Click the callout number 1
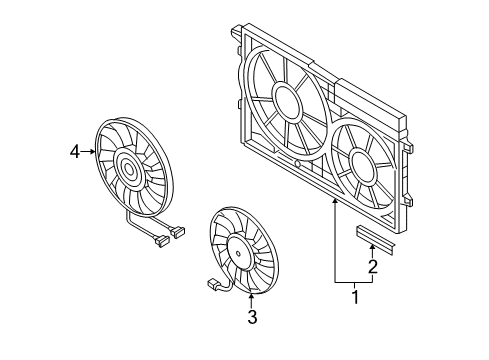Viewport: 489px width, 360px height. [356, 297]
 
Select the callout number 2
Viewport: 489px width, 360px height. [373, 266]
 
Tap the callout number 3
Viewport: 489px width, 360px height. [252, 317]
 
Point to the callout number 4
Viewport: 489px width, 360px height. [75, 152]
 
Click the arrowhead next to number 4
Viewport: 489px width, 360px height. [92, 152]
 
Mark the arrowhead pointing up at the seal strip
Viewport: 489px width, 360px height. [372, 247]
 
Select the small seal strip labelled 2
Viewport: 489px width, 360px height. [376, 240]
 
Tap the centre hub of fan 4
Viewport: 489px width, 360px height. [129, 170]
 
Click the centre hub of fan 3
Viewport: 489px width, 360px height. [238, 253]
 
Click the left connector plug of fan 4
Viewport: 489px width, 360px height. [161, 241]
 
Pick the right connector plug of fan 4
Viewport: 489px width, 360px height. [178, 231]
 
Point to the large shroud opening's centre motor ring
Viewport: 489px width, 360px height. [287, 103]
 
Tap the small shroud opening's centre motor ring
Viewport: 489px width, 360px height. [363, 168]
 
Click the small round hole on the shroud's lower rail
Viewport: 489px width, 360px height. [298, 164]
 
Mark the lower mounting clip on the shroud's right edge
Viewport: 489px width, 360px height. [408, 200]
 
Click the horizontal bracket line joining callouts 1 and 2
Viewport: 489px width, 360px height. [353, 282]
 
